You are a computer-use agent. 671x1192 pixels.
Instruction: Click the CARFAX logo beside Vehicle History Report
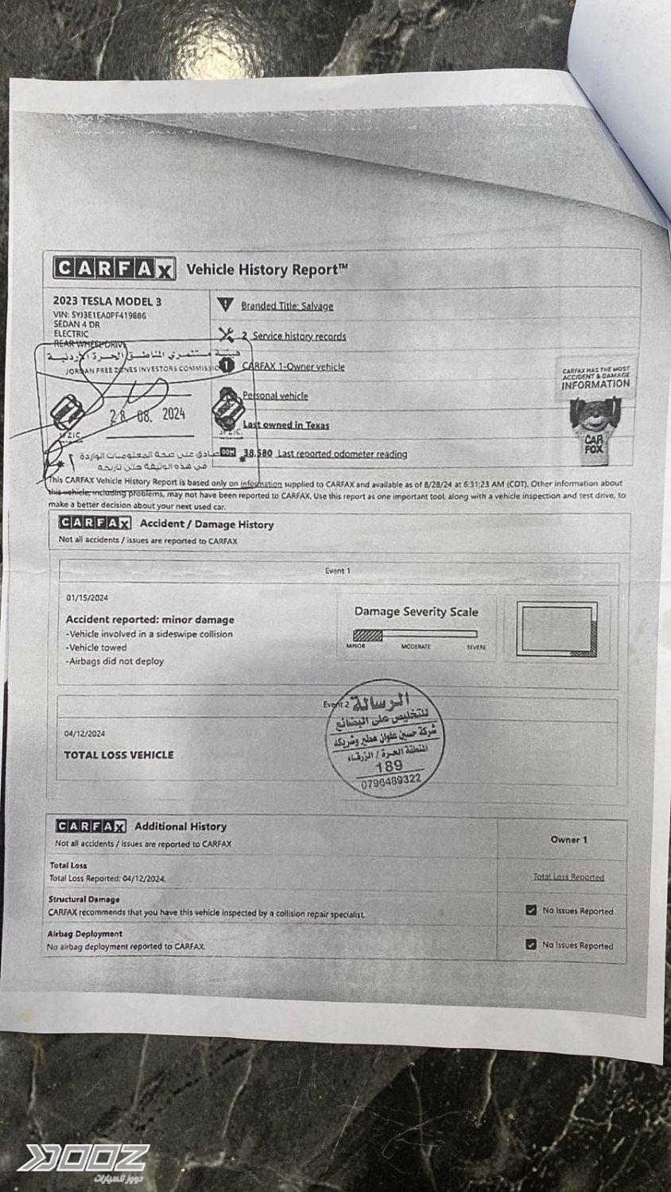pos(114,268)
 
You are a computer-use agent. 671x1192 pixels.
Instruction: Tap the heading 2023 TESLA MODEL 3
pos(107,301)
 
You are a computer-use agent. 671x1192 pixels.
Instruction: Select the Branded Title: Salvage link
pos(287,306)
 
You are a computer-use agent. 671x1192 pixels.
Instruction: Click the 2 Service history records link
pos(294,336)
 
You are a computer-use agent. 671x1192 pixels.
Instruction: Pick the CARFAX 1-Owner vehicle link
pos(293,366)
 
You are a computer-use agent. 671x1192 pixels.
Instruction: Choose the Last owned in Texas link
pos(285,424)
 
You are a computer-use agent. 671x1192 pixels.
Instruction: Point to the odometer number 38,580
pos(257,453)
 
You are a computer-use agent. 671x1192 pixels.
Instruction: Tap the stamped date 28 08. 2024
pos(147,414)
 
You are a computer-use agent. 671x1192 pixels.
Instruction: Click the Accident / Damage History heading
pos(207,524)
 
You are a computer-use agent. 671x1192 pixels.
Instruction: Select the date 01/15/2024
pos(87,598)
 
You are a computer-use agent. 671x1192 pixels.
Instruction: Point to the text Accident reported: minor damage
pos(150,619)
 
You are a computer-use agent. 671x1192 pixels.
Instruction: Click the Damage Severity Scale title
pos(416,612)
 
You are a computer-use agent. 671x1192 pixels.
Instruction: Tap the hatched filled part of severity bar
pos(367,635)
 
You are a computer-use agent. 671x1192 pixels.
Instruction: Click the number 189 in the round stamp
pos(389,766)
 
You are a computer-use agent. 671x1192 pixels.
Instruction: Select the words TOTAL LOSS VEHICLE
pos(118,755)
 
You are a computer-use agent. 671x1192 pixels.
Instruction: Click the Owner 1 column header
pos(568,839)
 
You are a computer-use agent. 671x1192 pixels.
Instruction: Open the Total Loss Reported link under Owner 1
pos(568,877)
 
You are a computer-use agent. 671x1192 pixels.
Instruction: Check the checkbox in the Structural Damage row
pos(531,910)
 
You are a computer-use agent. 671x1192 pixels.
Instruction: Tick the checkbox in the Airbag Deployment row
pos(531,944)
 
